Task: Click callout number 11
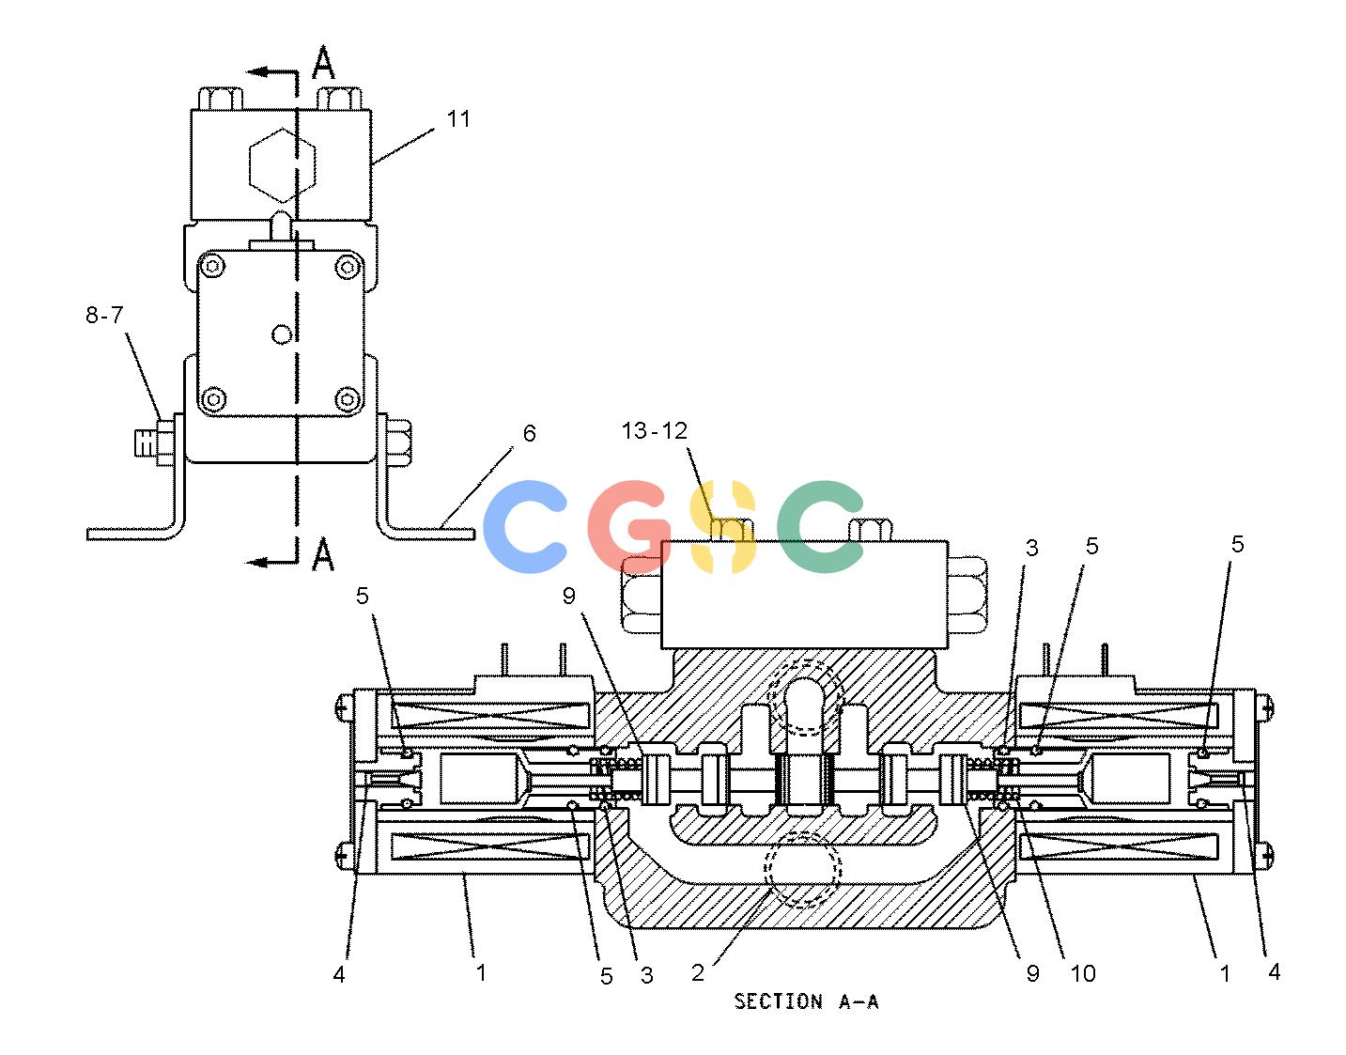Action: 458,118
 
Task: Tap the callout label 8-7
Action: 104,315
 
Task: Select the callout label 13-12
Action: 654,430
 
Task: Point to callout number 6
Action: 529,433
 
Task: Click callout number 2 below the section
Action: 698,972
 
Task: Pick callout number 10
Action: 1083,973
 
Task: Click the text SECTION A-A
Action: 806,1001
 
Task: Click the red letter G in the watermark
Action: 628,526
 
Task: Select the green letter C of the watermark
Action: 820,526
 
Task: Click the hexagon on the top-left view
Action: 283,164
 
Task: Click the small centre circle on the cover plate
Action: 282,334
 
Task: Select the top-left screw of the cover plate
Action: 213,267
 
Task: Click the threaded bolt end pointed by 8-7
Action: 146,442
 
